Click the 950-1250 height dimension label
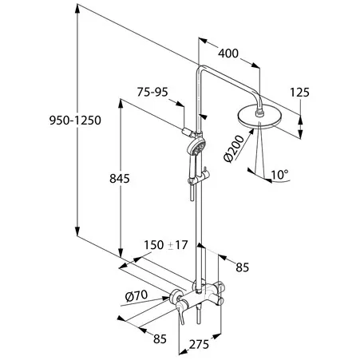point(75,121)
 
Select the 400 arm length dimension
point(228,53)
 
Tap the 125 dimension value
point(299,93)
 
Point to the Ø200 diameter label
point(234,148)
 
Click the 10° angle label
point(279,175)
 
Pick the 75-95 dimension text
point(152,92)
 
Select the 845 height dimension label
point(120,179)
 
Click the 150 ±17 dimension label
point(166,245)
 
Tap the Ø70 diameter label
point(136,295)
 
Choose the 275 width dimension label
point(199,345)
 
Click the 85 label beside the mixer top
point(243,267)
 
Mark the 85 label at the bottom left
point(160,338)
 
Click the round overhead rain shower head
point(259,117)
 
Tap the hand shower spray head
point(196,147)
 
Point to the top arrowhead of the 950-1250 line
point(77,9)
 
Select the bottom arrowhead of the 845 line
point(121,253)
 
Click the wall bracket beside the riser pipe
point(188,132)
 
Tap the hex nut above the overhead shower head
point(259,113)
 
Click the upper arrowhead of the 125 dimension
point(300,120)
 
